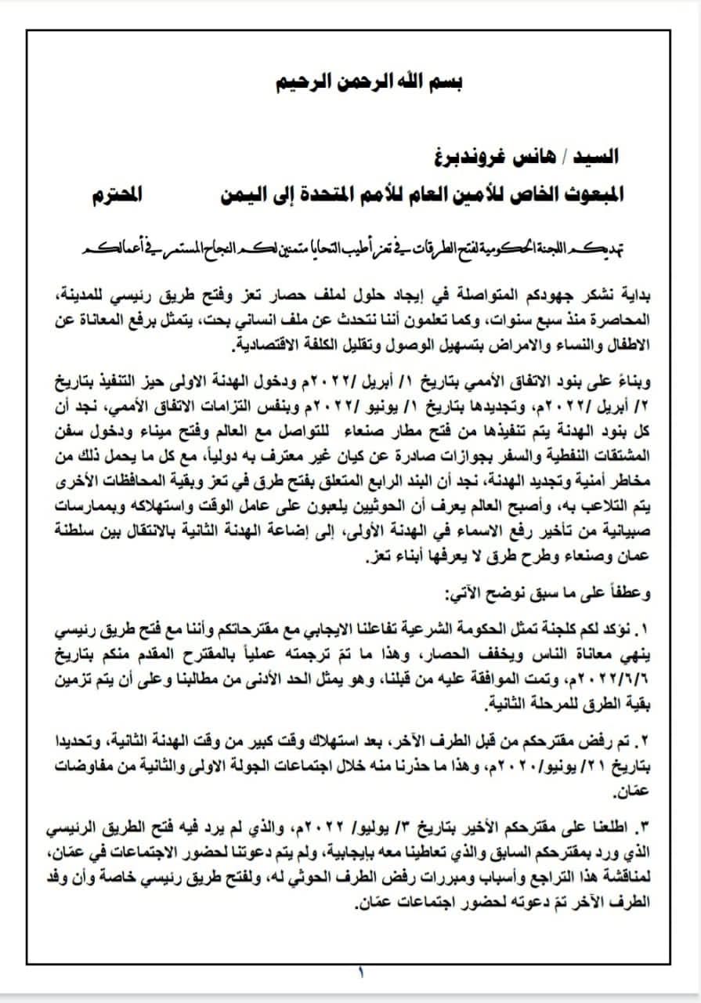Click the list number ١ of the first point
637,631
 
